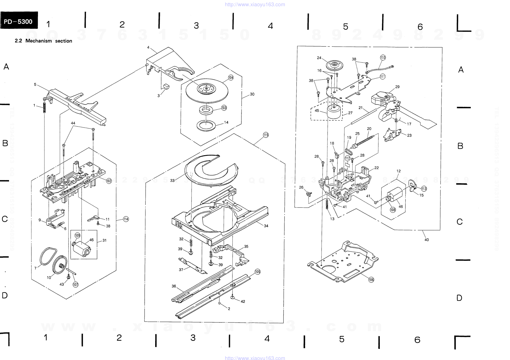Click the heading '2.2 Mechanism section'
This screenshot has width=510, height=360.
click(43, 41)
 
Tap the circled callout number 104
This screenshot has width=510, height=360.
click(231, 77)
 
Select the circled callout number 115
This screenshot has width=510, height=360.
click(266, 135)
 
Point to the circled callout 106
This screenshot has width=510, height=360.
click(371, 279)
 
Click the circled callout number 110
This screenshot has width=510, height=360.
click(383, 58)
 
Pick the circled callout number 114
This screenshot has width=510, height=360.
click(126, 219)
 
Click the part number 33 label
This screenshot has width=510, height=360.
click(172, 181)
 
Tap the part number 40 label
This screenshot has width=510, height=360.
click(426, 240)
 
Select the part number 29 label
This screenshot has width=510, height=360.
click(397, 87)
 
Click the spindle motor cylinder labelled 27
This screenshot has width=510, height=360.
click(334, 113)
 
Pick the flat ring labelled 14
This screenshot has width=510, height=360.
click(206, 126)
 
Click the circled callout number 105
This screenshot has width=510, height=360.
click(257, 272)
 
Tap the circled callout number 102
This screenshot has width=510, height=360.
click(109, 181)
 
